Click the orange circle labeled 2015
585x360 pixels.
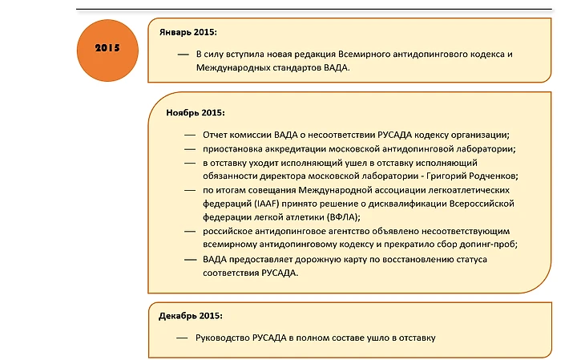pos(107,48)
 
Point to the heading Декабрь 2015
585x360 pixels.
pos(190,316)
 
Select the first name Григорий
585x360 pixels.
pos(435,176)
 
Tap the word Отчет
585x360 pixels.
pos(216,135)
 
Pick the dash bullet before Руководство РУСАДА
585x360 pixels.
pos(182,338)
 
